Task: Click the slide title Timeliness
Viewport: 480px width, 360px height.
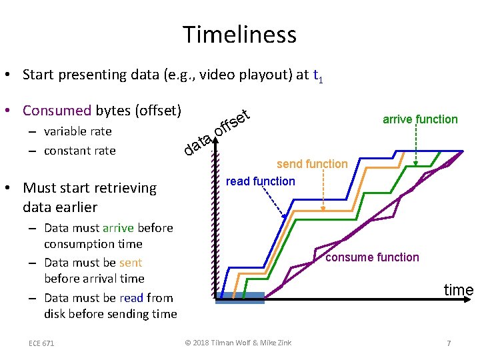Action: coord(240,34)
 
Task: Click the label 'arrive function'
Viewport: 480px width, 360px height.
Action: coord(420,119)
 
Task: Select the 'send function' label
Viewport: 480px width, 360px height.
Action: coord(312,164)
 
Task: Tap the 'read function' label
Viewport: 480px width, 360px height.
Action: coord(260,181)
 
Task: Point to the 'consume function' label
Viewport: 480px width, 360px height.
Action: coord(372,257)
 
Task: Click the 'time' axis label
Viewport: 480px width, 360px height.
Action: coord(459,290)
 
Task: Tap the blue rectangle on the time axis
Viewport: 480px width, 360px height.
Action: coord(240,297)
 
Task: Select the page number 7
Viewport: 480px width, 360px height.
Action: coord(449,343)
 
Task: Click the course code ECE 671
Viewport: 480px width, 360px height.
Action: coord(41,343)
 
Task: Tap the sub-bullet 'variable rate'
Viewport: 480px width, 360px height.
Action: coord(77,131)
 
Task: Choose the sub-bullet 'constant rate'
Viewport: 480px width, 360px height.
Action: coord(79,151)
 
